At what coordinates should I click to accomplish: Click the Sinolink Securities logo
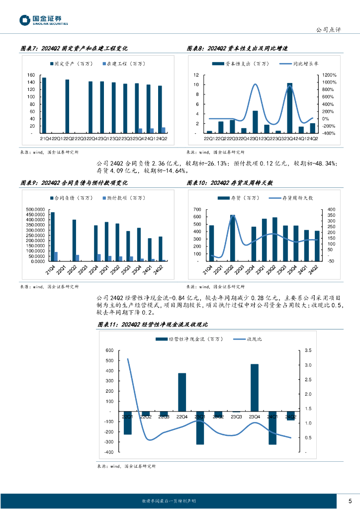(43, 20)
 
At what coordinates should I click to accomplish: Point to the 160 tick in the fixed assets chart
(31, 75)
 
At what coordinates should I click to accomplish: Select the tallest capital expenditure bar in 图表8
(290, 108)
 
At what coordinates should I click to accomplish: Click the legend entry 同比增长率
(309, 64)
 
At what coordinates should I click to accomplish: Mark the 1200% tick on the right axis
(330, 75)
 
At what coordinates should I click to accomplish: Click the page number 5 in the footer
(350, 501)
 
